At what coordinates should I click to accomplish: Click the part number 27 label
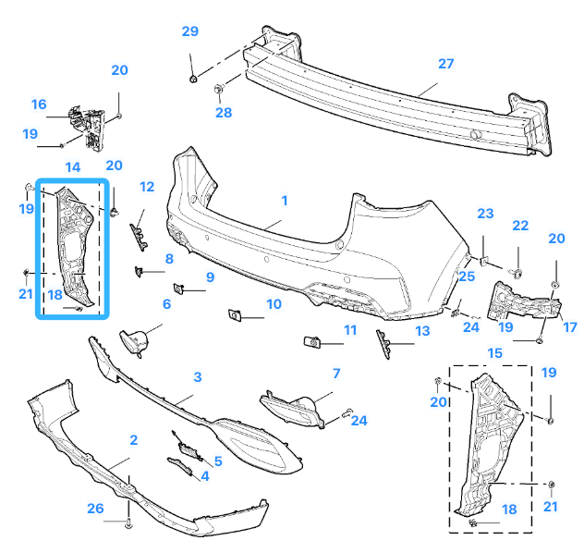pos(446,65)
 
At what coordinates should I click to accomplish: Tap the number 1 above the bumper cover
pos(285,200)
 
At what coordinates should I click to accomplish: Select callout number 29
pos(189,32)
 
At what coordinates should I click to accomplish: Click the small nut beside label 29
pos(192,80)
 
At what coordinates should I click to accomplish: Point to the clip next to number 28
pos(219,89)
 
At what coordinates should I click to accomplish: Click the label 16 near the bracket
pos(39,104)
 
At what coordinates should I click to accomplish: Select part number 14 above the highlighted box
pos(72,166)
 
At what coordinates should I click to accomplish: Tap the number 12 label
pos(147,187)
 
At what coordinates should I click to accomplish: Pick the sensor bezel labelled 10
pos(234,316)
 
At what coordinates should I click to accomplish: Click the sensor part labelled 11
pos(311,343)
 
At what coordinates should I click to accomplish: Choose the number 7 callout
pos(336,374)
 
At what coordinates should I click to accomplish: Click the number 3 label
pos(197,377)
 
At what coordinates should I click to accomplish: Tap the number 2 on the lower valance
pos(134,440)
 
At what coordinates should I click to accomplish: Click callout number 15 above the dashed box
pos(494,353)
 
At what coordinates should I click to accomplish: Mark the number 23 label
pos(486,214)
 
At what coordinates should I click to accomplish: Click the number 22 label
pos(520,227)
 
